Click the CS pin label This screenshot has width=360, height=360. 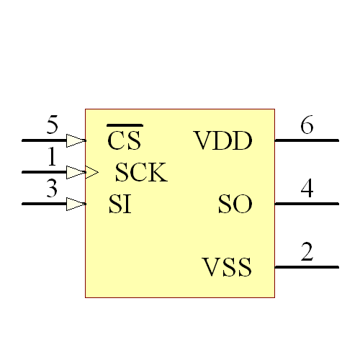(x=125, y=140)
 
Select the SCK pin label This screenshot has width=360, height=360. (x=141, y=173)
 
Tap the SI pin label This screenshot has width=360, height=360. (x=120, y=204)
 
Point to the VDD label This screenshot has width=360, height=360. (x=223, y=141)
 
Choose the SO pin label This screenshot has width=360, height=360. (x=235, y=205)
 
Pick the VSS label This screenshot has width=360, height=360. (x=228, y=269)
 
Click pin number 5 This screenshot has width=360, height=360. (x=52, y=126)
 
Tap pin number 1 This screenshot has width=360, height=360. (x=52, y=156)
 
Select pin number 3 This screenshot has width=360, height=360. (x=52, y=189)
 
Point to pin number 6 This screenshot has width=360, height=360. (x=307, y=126)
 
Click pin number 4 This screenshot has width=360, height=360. (x=307, y=189)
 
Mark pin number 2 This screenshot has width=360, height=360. (x=307, y=252)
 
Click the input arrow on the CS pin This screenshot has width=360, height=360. (x=76, y=140)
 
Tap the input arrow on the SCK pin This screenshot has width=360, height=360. (x=76, y=172)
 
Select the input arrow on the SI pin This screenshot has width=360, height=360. (x=76, y=204)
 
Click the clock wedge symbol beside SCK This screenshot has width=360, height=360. (x=91, y=172)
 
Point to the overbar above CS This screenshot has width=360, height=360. (x=125, y=125)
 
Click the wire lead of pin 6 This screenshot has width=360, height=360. (x=307, y=140)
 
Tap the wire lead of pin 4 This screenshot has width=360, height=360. (x=307, y=204)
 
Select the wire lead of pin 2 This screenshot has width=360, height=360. (x=307, y=267)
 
